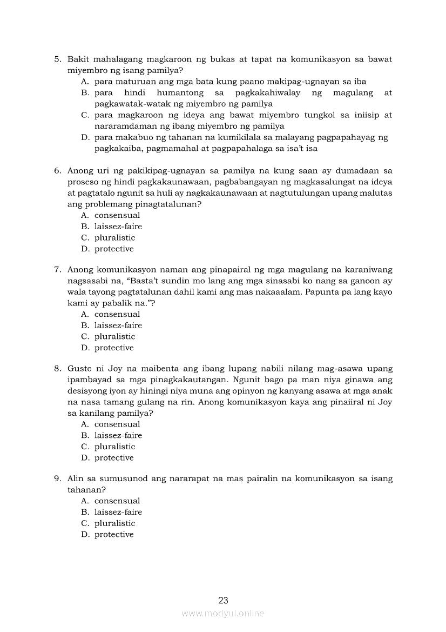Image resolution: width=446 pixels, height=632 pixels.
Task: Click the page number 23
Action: tap(223, 600)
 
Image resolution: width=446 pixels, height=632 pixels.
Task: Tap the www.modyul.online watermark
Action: tap(223, 613)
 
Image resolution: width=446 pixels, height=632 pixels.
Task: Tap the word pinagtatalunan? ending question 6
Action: tap(164, 204)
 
